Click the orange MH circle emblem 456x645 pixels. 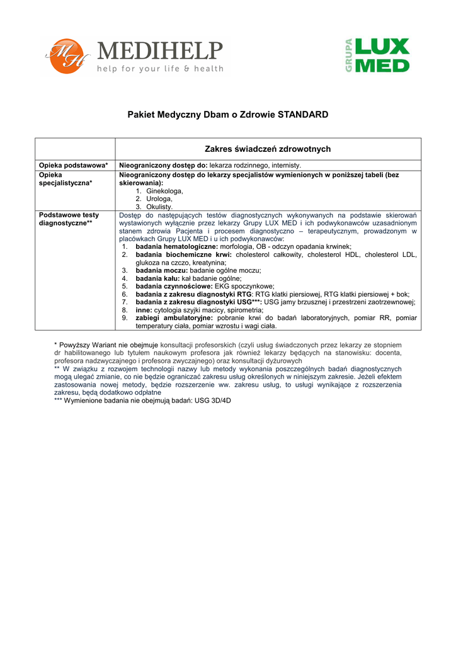tap(62, 56)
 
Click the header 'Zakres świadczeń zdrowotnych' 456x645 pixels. tap(268, 149)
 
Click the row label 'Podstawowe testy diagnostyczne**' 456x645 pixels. tap(69, 219)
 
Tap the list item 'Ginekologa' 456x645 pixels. tap(164, 190)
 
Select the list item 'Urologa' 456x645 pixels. tap(159, 198)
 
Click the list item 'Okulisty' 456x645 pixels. tap(159, 207)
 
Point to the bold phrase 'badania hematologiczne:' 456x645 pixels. tap(176, 247)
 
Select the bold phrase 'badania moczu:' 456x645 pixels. tap(162, 270)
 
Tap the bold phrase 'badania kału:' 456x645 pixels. tap(158, 278)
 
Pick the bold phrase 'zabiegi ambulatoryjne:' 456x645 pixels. tap(174, 318)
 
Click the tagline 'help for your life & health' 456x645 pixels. tap(160, 69)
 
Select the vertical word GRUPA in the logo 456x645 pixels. tap(348, 55)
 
